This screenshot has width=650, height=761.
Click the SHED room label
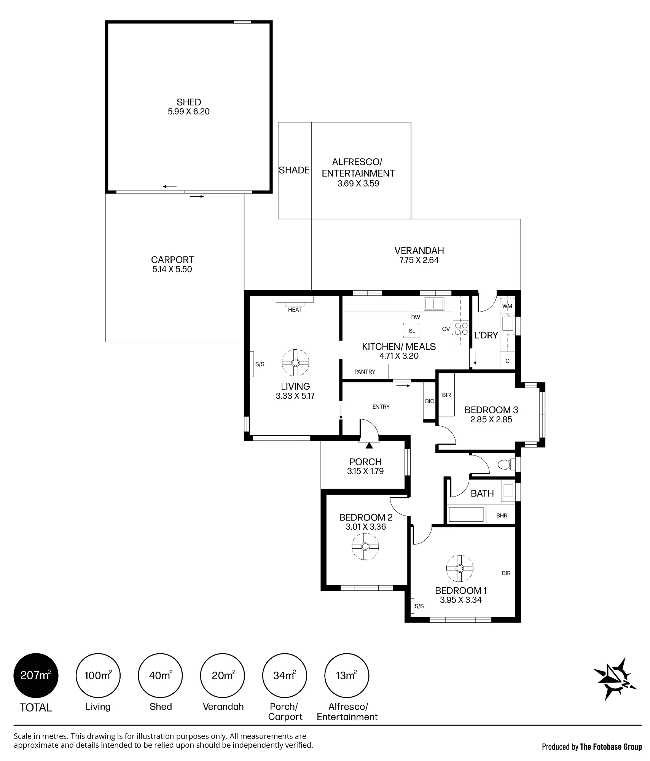click(x=189, y=102)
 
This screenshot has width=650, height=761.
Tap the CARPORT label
click(x=172, y=260)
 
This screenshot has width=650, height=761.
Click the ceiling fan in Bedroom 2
click(x=365, y=546)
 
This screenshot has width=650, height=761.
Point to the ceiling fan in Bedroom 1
click(x=459, y=568)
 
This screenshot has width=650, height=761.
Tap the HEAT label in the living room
click(x=295, y=310)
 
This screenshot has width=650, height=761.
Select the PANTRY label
click(x=365, y=371)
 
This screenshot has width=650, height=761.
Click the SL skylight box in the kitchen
click(x=412, y=331)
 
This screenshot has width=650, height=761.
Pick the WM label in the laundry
click(x=507, y=306)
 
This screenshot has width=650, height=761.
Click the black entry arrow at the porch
click(x=369, y=446)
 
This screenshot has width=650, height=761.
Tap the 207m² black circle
click(x=36, y=675)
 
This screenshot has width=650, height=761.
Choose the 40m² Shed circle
click(x=160, y=675)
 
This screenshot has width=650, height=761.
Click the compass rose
click(x=615, y=679)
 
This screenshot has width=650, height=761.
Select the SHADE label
click(x=294, y=170)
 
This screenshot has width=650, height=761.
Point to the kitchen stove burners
click(x=461, y=329)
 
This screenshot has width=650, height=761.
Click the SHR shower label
click(x=502, y=516)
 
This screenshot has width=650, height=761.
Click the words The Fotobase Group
click(x=611, y=747)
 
